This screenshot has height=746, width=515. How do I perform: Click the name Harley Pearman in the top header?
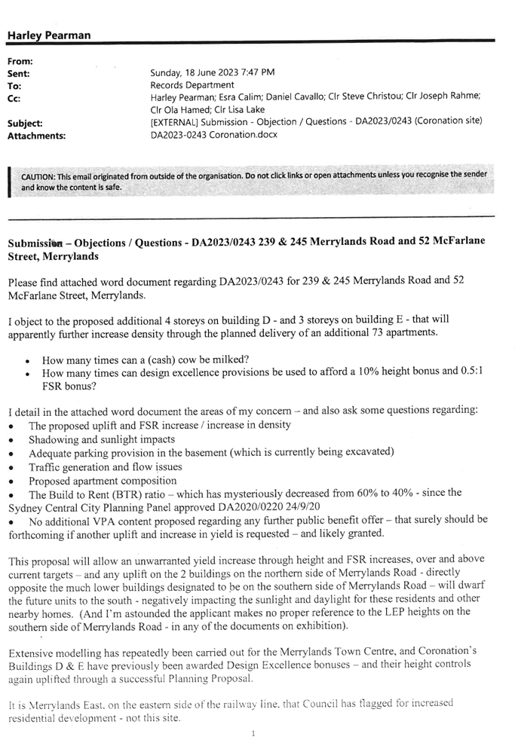coord(48,35)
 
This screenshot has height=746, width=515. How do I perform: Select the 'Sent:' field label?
coord(18,74)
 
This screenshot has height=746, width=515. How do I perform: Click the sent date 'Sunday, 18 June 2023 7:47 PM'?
coord(213,72)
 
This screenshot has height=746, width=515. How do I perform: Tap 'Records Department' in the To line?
coord(192,85)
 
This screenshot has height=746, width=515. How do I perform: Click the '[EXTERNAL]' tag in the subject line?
coord(174,122)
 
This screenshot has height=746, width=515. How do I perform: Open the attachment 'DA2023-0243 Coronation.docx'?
coord(213,135)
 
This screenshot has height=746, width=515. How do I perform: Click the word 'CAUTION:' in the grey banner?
coord(38,177)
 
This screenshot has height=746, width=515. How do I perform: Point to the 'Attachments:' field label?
coord(36,136)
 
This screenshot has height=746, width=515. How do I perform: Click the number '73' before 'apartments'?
coord(378,332)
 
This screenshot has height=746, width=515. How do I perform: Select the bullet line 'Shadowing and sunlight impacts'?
coord(101,439)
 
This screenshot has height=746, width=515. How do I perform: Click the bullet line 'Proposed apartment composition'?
coord(103,481)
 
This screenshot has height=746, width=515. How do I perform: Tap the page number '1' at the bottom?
coord(253,733)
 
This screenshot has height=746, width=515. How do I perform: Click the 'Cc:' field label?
coord(14,99)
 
